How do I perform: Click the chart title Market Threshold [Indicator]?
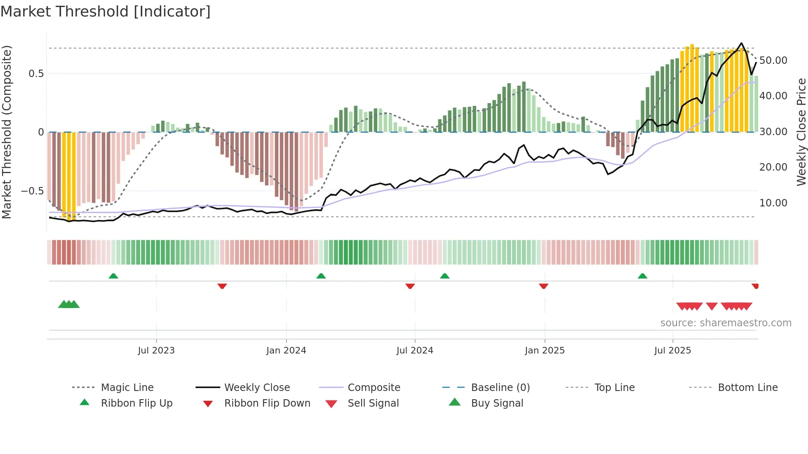point(106,12)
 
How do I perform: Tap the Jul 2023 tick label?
point(156,351)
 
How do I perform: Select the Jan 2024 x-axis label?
point(286,351)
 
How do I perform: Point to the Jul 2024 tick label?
point(415,351)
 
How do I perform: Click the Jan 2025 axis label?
point(545,351)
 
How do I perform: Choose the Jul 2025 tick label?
point(672,351)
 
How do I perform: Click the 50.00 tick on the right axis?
point(773,61)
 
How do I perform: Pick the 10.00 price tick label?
point(773,203)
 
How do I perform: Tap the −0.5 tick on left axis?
point(32,191)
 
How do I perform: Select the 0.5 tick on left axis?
point(36,74)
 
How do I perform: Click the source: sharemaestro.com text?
point(726,323)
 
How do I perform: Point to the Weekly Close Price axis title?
point(801,132)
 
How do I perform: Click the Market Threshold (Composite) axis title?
point(7,132)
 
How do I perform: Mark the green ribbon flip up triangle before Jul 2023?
point(113,276)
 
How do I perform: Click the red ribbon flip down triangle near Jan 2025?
point(543,286)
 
